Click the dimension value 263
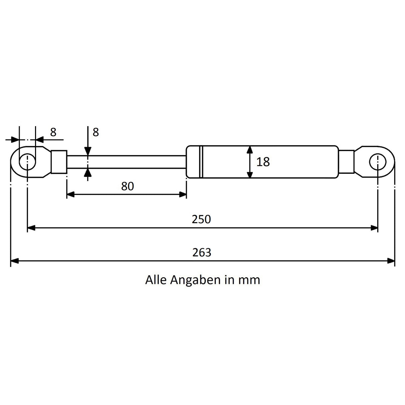pyautogui.click(x=201, y=253)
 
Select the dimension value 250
pyautogui.click(x=201, y=219)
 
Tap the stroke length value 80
pyautogui.click(x=127, y=186)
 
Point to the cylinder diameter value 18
pyautogui.click(x=263, y=162)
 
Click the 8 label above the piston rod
pyautogui.click(x=96, y=132)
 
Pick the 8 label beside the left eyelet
pyautogui.click(x=53, y=132)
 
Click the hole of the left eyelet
pyautogui.click(x=27, y=162)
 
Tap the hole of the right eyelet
pyautogui.click(x=378, y=162)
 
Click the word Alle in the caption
pyautogui.click(x=156, y=280)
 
